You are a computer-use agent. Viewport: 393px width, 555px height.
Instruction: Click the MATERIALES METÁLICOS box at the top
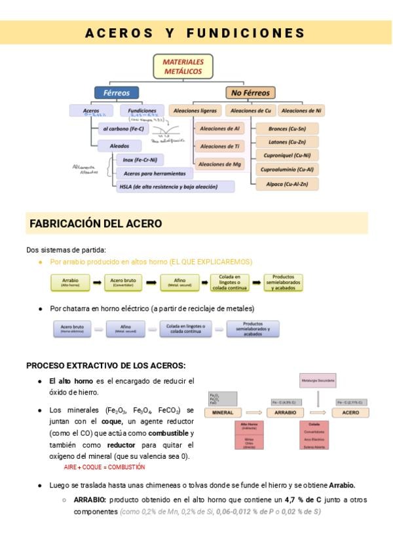pyautogui.click(x=184, y=66)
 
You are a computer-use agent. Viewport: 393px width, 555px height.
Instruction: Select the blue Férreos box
pyautogui.click(x=117, y=93)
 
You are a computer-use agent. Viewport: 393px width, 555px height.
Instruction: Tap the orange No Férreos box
pyautogui.click(x=250, y=93)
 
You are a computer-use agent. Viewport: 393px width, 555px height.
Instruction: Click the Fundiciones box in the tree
pyautogui.click(x=142, y=111)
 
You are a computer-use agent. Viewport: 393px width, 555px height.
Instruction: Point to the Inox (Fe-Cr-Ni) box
pyautogui.click(x=140, y=160)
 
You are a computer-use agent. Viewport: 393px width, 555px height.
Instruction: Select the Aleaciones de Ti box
pyautogui.click(x=219, y=146)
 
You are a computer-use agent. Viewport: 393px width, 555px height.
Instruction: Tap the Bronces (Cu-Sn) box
pyautogui.click(x=287, y=128)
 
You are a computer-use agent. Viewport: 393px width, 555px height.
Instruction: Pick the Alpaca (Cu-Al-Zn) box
pyautogui.click(x=287, y=185)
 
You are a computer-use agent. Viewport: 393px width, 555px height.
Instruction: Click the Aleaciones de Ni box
pyautogui.click(x=301, y=111)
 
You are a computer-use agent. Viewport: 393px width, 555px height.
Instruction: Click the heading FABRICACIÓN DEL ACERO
pyautogui.click(x=96, y=224)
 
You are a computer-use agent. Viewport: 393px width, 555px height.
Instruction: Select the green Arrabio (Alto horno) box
pyautogui.click(x=70, y=282)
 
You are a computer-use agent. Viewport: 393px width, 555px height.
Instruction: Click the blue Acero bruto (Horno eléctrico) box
pyautogui.click(x=72, y=329)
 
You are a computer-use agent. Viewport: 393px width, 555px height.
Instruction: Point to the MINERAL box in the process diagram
pyautogui.click(x=223, y=413)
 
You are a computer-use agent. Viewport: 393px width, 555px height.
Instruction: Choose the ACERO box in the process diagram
pyautogui.click(x=350, y=413)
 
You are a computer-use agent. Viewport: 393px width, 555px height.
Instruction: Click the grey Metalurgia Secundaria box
pyautogui.click(x=318, y=380)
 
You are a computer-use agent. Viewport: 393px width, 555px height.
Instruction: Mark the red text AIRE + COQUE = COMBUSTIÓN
pyautogui.click(x=104, y=467)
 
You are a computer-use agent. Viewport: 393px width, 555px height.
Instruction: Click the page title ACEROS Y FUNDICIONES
pyautogui.click(x=195, y=33)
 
